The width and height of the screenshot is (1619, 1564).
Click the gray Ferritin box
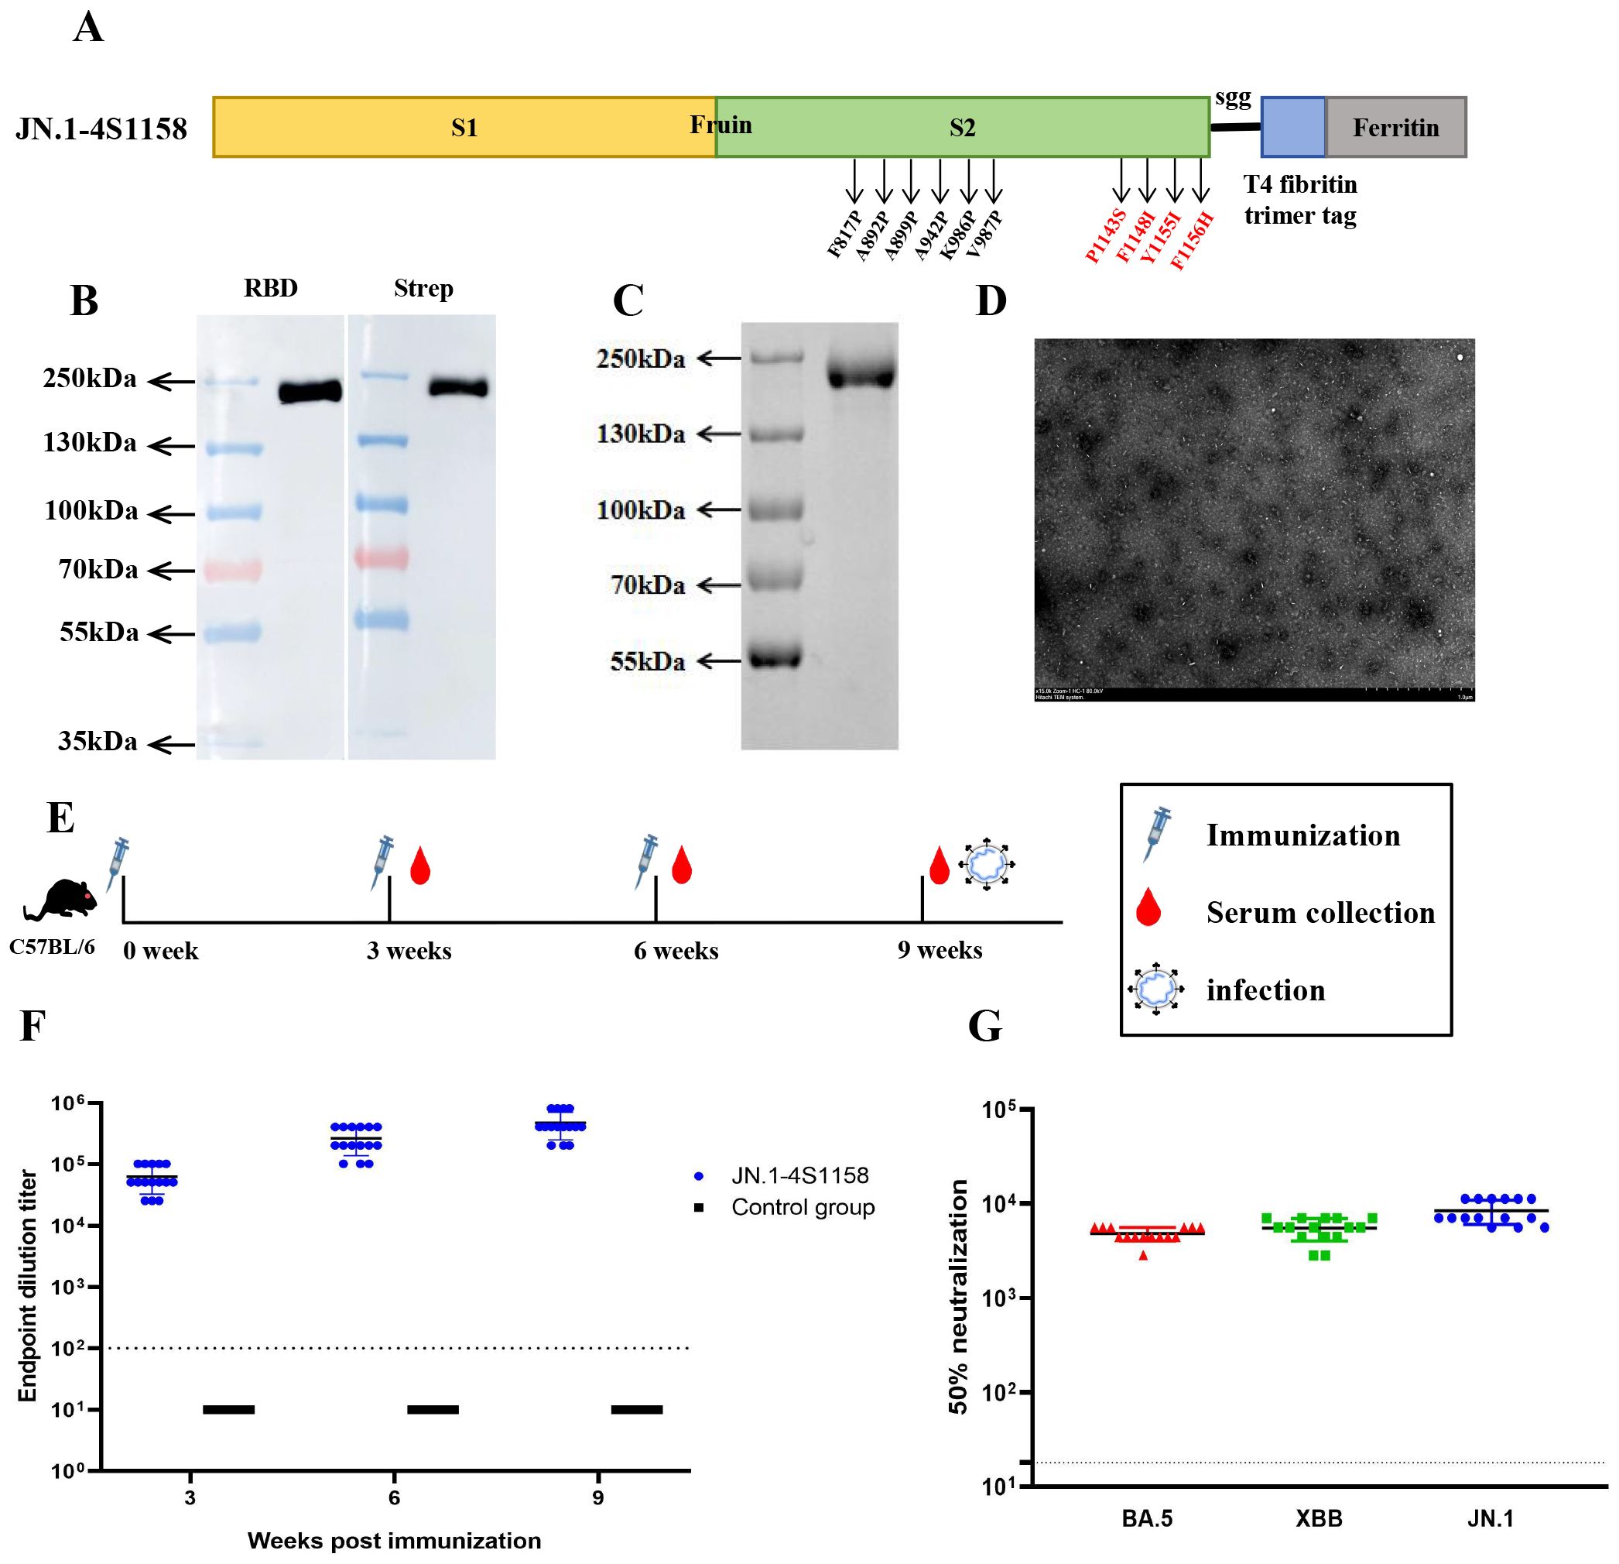(1395, 127)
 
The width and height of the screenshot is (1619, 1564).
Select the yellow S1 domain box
(464, 127)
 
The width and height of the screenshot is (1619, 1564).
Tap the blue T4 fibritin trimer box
(1292, 127)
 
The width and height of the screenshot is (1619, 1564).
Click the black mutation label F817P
(844, 234)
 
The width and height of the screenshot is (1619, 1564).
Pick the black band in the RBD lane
(310, 391)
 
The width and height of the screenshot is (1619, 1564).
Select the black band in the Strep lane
(457, 386)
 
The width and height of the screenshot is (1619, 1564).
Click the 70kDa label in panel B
(98, 569)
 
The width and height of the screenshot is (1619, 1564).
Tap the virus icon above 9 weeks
(986, 865)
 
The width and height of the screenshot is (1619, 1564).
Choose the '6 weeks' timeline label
(676, 951)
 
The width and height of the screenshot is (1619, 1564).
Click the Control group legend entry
(802, 1207)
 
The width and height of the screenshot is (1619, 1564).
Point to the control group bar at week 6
(432, 1408)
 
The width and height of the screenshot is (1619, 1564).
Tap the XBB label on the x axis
(1320, 1518)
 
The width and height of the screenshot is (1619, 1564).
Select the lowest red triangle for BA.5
(1144, 1255)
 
